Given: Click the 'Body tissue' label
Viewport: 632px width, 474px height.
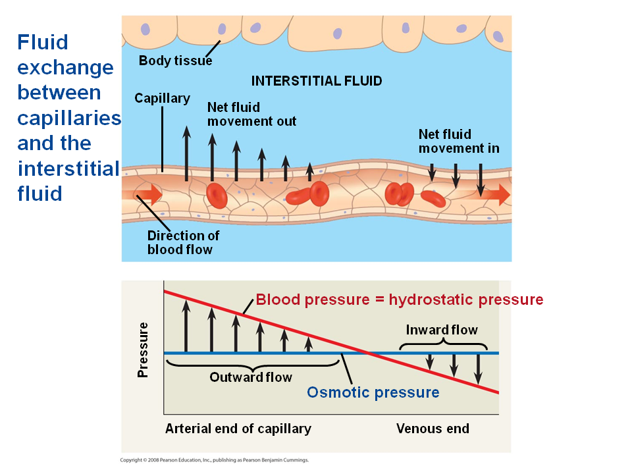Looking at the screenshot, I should [175, 61].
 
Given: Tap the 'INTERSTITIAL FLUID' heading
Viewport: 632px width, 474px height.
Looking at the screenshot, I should [317, 81].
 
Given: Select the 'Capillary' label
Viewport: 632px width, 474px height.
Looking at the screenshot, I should [162, 99].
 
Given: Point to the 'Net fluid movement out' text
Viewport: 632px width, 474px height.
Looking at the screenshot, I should [251, 114].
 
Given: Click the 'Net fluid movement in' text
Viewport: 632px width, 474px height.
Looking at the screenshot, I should [459, 142].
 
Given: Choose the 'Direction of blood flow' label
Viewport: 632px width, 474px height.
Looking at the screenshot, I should [183, 242].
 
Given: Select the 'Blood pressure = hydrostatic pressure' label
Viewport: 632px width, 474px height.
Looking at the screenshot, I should [400, 300].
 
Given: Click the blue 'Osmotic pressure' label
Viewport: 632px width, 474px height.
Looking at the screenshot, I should [373, 393].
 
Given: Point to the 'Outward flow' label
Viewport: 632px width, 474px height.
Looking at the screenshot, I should [251, 377].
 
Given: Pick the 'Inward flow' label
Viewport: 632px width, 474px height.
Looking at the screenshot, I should [442, 330].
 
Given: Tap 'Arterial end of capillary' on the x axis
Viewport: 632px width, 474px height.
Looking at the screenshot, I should [238, 429].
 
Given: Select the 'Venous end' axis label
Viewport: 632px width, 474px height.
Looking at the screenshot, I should [433, 429].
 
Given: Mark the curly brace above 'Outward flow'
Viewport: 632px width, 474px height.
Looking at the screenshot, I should [253, 364].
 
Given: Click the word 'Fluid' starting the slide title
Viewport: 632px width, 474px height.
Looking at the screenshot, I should [43, 42].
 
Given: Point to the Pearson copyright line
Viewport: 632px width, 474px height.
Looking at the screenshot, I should [214, 460].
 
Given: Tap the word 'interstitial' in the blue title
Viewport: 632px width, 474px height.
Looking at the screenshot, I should [68, 169].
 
